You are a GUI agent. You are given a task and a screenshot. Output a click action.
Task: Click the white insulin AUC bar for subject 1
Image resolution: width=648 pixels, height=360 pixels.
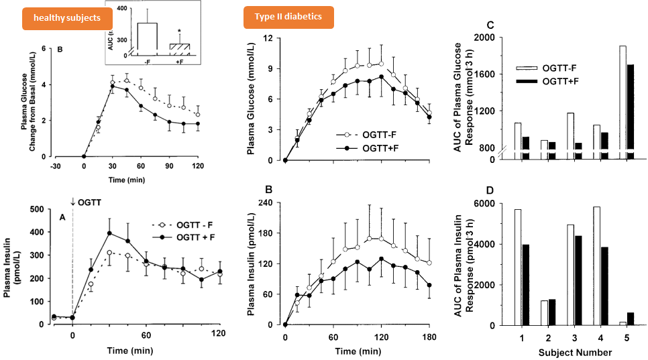tap(517, 267)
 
